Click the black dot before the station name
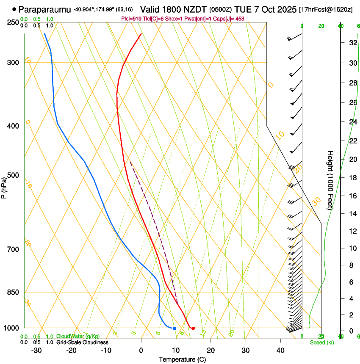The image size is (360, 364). tap(14, 9)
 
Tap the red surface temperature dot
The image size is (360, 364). tap(193, 328)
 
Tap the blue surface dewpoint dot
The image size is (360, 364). tap(174, 328)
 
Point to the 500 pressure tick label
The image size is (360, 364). tap(13, 175)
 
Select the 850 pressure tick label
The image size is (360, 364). tap(13, 292)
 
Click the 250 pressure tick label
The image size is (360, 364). tap(13, 22)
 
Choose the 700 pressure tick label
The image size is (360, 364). tap(13, 249)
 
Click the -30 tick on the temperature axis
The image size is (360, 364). tap(36, 350)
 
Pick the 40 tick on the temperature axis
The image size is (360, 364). tap(280, 350)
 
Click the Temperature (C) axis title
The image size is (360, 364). tap(182, 359)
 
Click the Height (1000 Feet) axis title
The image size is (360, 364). tap(330, 180)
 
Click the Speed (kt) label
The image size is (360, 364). tap(322, 342)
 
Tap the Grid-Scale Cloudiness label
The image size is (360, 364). tap(82, 342)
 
